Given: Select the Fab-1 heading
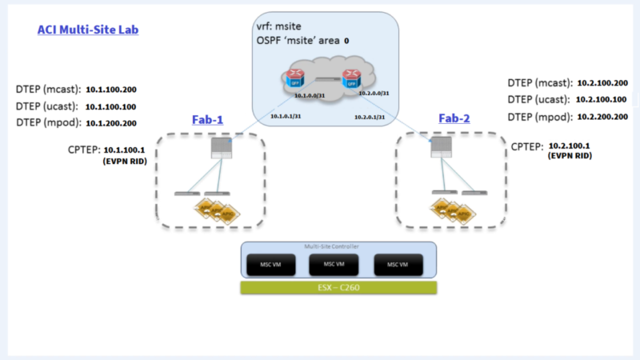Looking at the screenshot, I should (207, 119).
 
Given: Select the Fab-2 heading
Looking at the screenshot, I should (454, 118).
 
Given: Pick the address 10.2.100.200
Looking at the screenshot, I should (600, 82).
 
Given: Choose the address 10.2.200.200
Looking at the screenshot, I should (600, 116).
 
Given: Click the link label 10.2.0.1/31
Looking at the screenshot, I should (370, 117).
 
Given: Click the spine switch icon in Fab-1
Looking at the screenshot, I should (218, 148).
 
